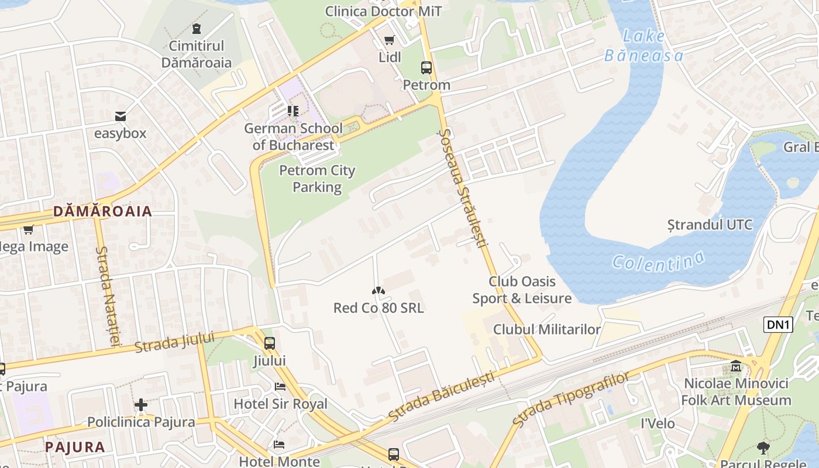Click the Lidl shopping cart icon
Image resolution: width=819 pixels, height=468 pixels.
tap(389, 40)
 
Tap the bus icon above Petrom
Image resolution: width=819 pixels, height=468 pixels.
tap(426, 68)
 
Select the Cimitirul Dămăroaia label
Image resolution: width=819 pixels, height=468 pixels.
tap(197, 54)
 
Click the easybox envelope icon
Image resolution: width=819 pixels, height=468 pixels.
tap(121, 116)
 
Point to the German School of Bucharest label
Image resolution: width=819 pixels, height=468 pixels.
tap(294, 137)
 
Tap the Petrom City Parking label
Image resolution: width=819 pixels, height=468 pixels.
tap(317, 178)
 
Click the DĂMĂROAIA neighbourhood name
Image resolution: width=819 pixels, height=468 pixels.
tap(102, 211)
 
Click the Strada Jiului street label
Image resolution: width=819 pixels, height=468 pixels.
tap(175, 342)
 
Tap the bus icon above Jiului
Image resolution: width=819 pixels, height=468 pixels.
tap(269, 343)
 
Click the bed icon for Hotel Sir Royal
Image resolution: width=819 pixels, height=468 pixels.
tap(280, 387)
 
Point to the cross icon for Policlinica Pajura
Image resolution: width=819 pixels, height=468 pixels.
tap(140, 405)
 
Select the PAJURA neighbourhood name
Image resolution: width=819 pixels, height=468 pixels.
tap(75, 448)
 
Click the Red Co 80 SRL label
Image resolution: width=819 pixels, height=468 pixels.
tap(378, 308)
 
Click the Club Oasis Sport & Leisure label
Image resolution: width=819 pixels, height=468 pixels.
tap(522, 290)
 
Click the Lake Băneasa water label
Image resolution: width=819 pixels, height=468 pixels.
tap(643, 46)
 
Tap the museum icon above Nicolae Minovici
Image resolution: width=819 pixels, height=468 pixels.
tap(736, 367)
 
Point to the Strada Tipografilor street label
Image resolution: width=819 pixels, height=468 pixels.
tap(570, 398)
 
